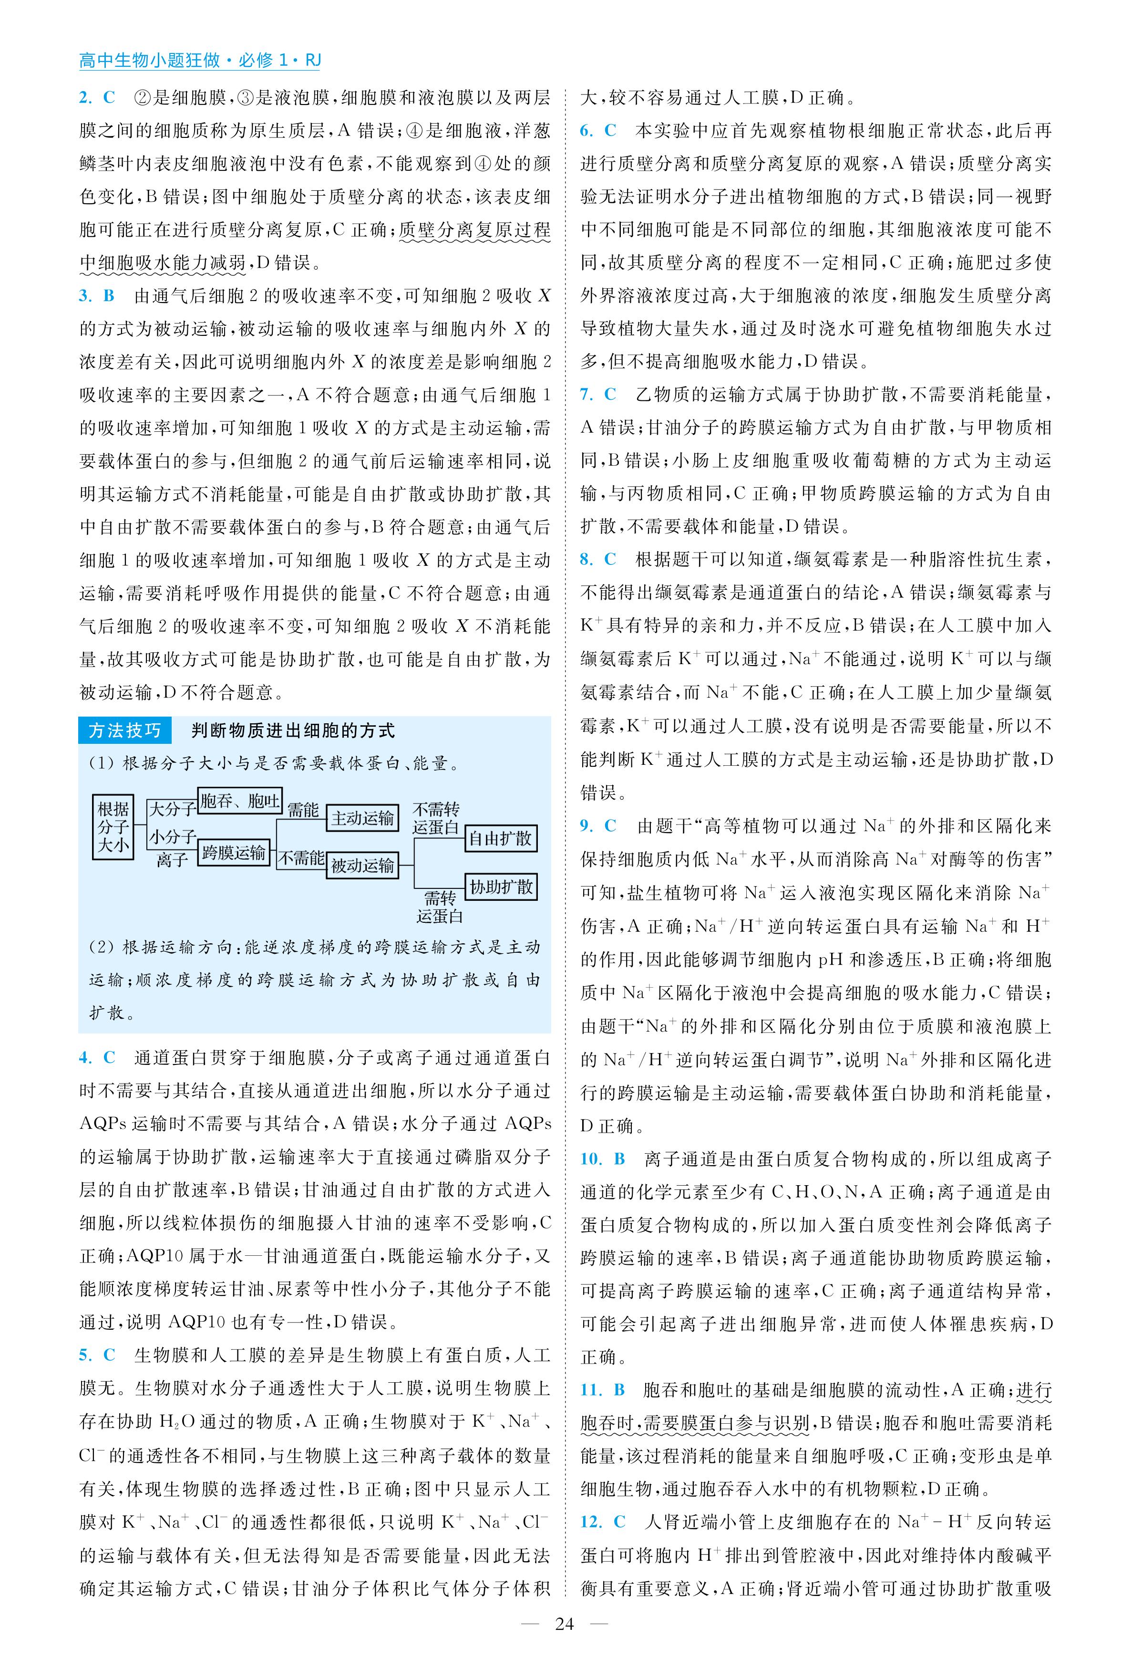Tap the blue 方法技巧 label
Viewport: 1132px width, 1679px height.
pos(124,730)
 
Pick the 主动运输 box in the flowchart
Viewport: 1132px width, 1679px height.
pos(362,818)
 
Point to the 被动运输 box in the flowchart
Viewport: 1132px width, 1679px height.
pos(362,865)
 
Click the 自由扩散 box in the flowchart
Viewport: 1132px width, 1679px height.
pos(500,838)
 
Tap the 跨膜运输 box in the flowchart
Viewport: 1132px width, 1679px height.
pos(233,853)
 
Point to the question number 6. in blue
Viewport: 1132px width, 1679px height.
pos(586,131)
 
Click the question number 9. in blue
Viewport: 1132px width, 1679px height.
pos(586,825)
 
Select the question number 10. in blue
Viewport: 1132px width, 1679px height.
pos(590,1159)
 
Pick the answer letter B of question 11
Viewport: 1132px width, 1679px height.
pos(619,1390)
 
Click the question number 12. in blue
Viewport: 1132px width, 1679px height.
pos(590,1522)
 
